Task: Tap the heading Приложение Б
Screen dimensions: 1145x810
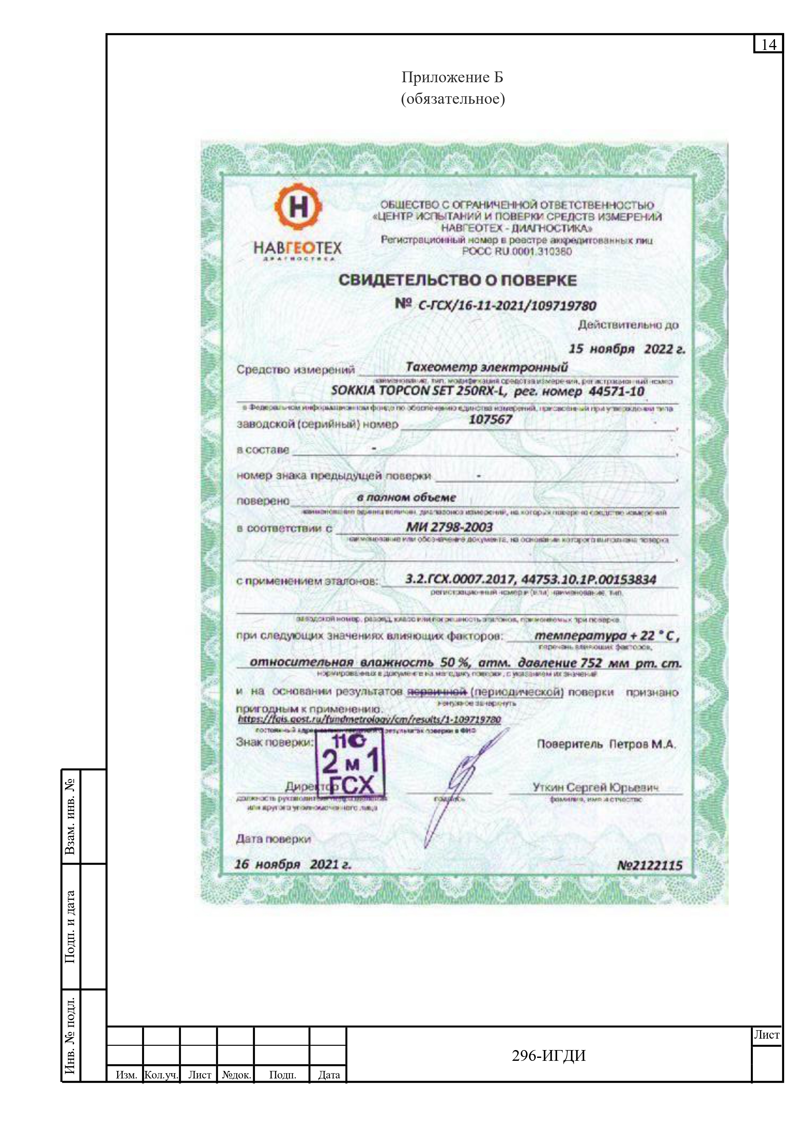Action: [452, 77]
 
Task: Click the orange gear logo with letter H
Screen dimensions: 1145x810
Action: [298, 207]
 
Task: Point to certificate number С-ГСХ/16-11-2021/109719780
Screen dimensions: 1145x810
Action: [507, 305]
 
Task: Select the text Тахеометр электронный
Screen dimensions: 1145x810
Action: [486, 367]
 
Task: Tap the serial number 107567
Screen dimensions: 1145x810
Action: [490, 419]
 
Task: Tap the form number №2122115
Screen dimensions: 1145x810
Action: [649, 865]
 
